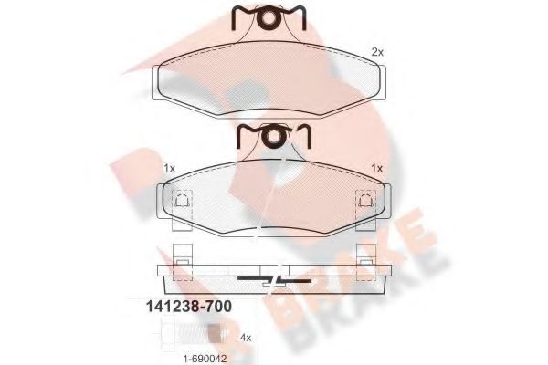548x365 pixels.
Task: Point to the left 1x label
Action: pos(169,168)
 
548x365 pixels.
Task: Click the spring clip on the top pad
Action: pos(269,17)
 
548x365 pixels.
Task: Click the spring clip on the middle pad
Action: pos(273,136)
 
